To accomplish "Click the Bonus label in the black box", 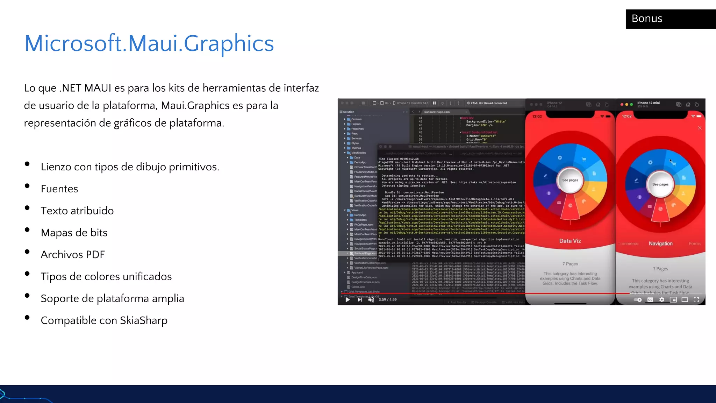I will tap(647, 19).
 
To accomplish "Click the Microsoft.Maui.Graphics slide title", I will tap(149, 43).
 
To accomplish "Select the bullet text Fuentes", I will tap(59, 189).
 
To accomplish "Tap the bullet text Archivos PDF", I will tap(73, 255).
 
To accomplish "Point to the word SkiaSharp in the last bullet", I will tap(144, 320).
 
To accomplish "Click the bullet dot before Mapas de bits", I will tap(27, 230).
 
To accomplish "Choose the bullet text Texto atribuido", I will tap(77, 211).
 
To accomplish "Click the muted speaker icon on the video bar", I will tap(371, 299).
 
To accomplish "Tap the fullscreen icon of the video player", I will tap(696, 300).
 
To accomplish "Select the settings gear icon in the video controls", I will tap(661, 300).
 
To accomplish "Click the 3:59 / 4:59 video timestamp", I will tap(387, 299).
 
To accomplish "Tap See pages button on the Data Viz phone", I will tap(570, 180).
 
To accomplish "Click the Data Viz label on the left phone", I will tap(570, 241).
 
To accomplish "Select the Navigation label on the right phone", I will tap(660, 243).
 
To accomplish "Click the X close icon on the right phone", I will tap(700, 128).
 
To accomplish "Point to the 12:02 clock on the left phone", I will tap(537, 116).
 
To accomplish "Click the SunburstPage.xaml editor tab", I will tap(437, 112).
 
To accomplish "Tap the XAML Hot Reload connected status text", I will tap(488, 103).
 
